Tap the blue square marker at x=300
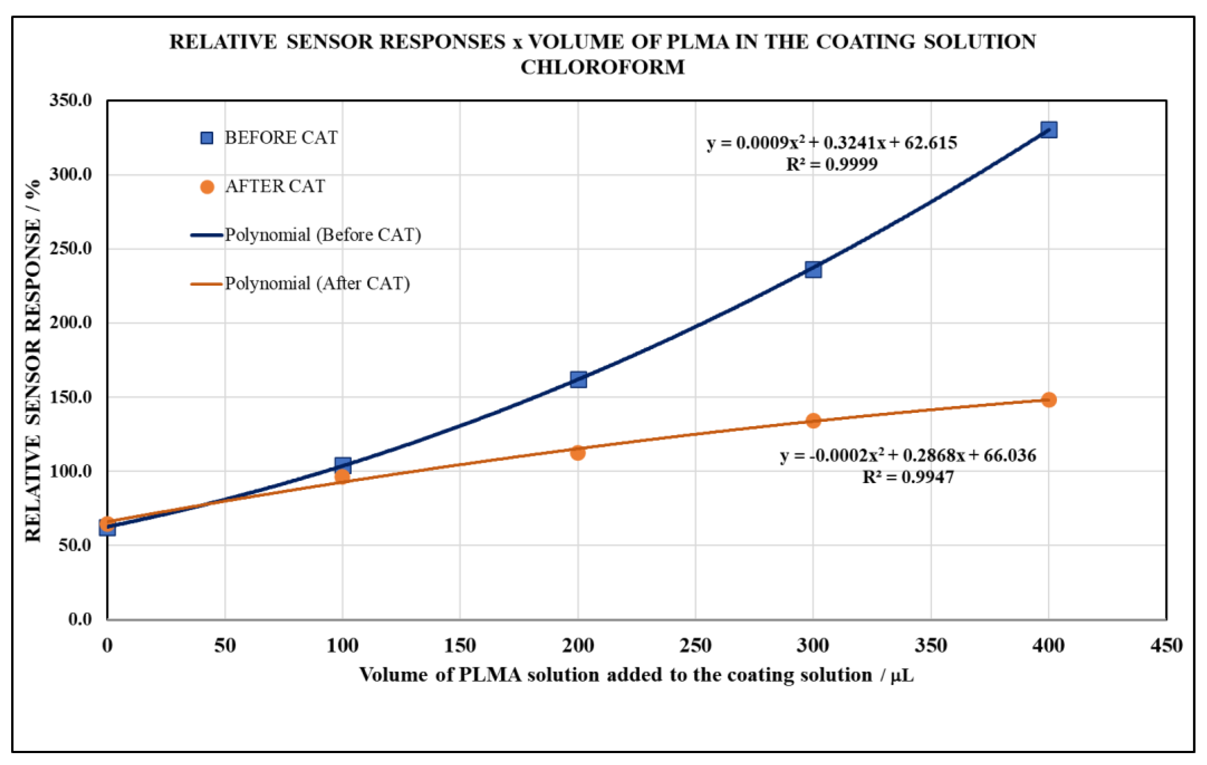pos(813,270)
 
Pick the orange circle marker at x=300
pos(813,420)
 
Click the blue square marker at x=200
pos(578,379)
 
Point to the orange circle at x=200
pos(577,452)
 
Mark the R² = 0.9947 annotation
pos(908,477)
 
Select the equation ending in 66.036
pos(908,455)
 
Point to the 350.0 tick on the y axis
pos(71,100)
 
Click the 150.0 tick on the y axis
pos(71,397)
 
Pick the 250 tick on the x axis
pos(695,645)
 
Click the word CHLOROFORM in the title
pos(602,67)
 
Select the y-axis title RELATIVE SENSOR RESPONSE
pos(33,361)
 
